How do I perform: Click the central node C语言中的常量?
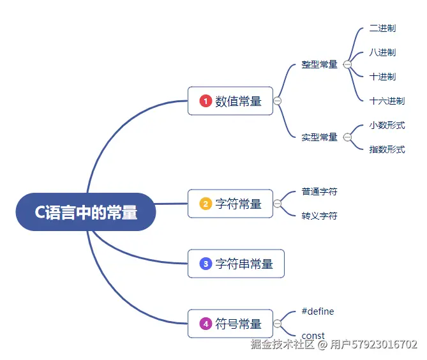pos(86,212)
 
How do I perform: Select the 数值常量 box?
pos(230,101)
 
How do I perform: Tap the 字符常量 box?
pos(230,204)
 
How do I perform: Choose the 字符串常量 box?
pos(236,264)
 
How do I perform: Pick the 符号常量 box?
pos(230,324)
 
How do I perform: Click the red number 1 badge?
pos(206,101)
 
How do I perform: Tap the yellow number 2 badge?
pos(206,204)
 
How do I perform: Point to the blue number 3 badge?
pos(206,264)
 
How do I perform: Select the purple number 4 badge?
pos(206,324)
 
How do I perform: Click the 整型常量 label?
pos(319,64)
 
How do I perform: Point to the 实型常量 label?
pos(319,137)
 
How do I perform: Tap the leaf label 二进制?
pos(382,28)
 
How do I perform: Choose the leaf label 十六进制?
pos(387,101)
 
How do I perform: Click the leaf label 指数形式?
pos(387,149)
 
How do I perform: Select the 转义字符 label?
pos(319,216)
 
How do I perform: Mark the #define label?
pos(318,311)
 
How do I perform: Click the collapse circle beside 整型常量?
pos(347,64)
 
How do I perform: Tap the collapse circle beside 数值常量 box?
pos(277,101)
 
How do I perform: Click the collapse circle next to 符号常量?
pos(277,324)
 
